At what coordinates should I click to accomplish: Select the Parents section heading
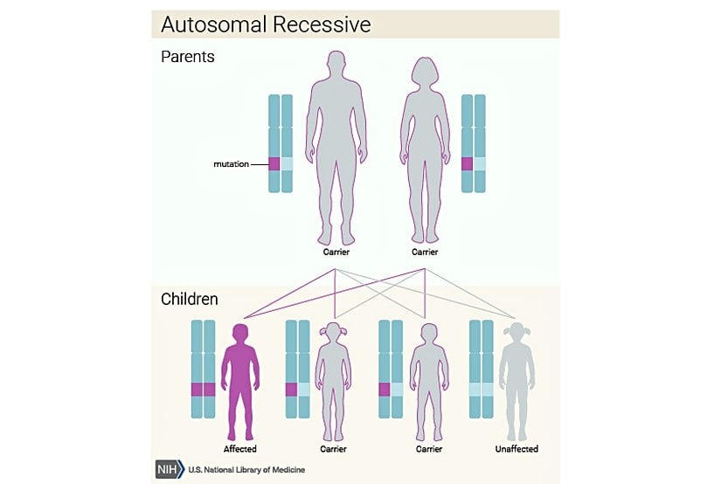pyautogui.click(x=187, y=58)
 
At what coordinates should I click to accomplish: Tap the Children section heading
pyautogui.click(x=190, y=300)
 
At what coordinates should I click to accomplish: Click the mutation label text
pyautogui.click(x=232, y=163)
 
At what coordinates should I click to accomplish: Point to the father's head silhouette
pyautogui.click(x=336, y=67)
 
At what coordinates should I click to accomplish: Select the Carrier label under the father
pyautogui.click(x=336, y=252)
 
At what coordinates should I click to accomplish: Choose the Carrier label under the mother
pyautogui.click(x=425, y=252)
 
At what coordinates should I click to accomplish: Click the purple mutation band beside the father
pyautogui.click(x=274, y=163)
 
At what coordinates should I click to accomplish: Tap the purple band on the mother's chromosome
pyautogui.click(x=467, y=163)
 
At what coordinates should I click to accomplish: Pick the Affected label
pyautogui.click(x=239, y=449)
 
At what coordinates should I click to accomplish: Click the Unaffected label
pyautogui.click(x=517, y=449)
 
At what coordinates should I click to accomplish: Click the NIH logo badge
pyautogui.click(x=168, y=468)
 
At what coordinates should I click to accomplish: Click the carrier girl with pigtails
pyautogui.click(x=333, y=380)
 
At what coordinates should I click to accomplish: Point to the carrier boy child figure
pyautogui.click(x=427, y=380)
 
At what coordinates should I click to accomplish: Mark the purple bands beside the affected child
pyautogui.click(x=203, y=389)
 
